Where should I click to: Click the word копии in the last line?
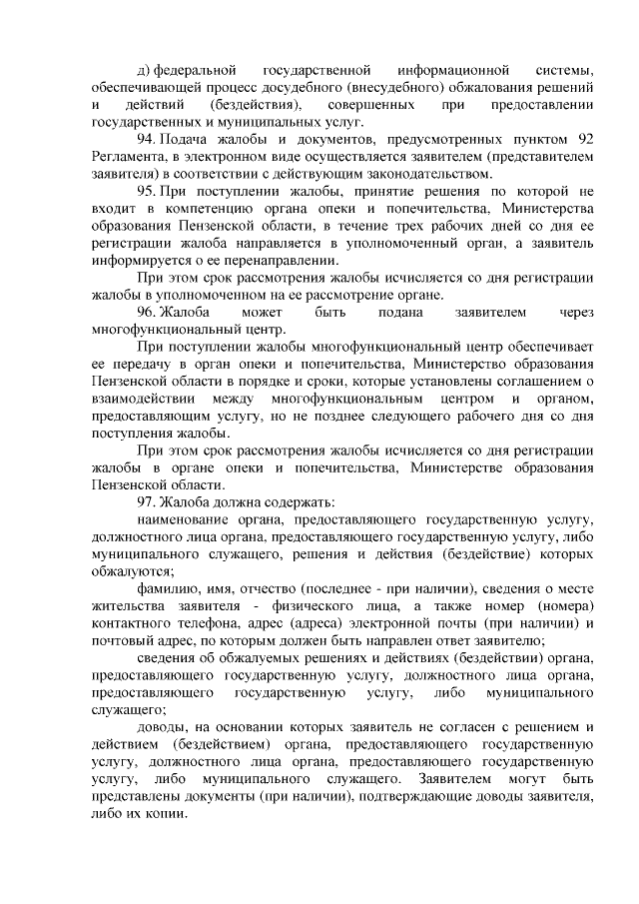coord(165,813)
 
